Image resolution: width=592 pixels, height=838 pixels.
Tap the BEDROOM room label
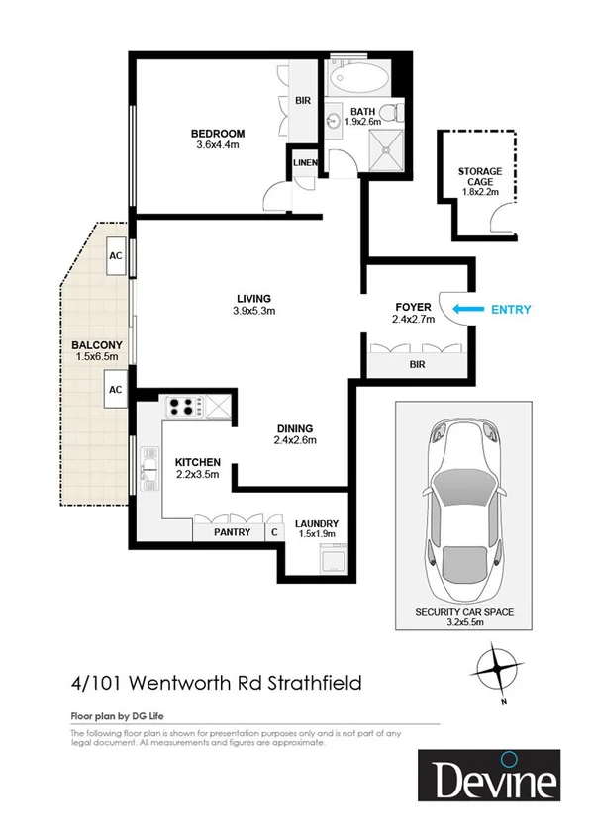point(218,133)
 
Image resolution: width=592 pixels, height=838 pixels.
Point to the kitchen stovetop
point(182,405)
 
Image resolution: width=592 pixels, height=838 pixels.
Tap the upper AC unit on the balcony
point(115,253)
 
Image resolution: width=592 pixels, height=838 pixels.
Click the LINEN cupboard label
point(303,162)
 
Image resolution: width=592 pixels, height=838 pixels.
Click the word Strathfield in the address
point(316,682)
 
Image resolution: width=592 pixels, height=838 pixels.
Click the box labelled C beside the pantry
point(274,531)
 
